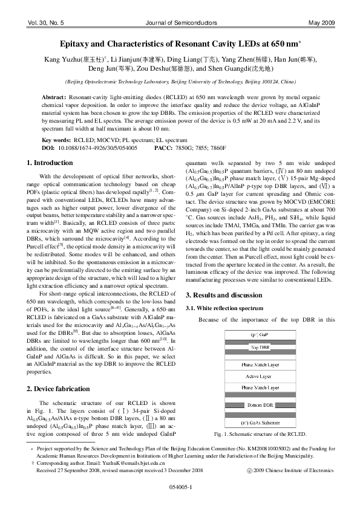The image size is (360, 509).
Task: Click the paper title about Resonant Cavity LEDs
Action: [x=179, y=45]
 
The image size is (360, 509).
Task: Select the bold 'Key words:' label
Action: [x=56, y=139]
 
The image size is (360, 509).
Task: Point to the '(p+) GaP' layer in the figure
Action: [x=260, y=334]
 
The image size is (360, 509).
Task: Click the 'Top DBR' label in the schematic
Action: [x=260, y=348]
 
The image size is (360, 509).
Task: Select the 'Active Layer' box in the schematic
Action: [x=260, y=376]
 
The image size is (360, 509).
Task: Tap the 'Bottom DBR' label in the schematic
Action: [x=260, y=404]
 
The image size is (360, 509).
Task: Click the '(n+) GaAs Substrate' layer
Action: [x=260, y=423]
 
